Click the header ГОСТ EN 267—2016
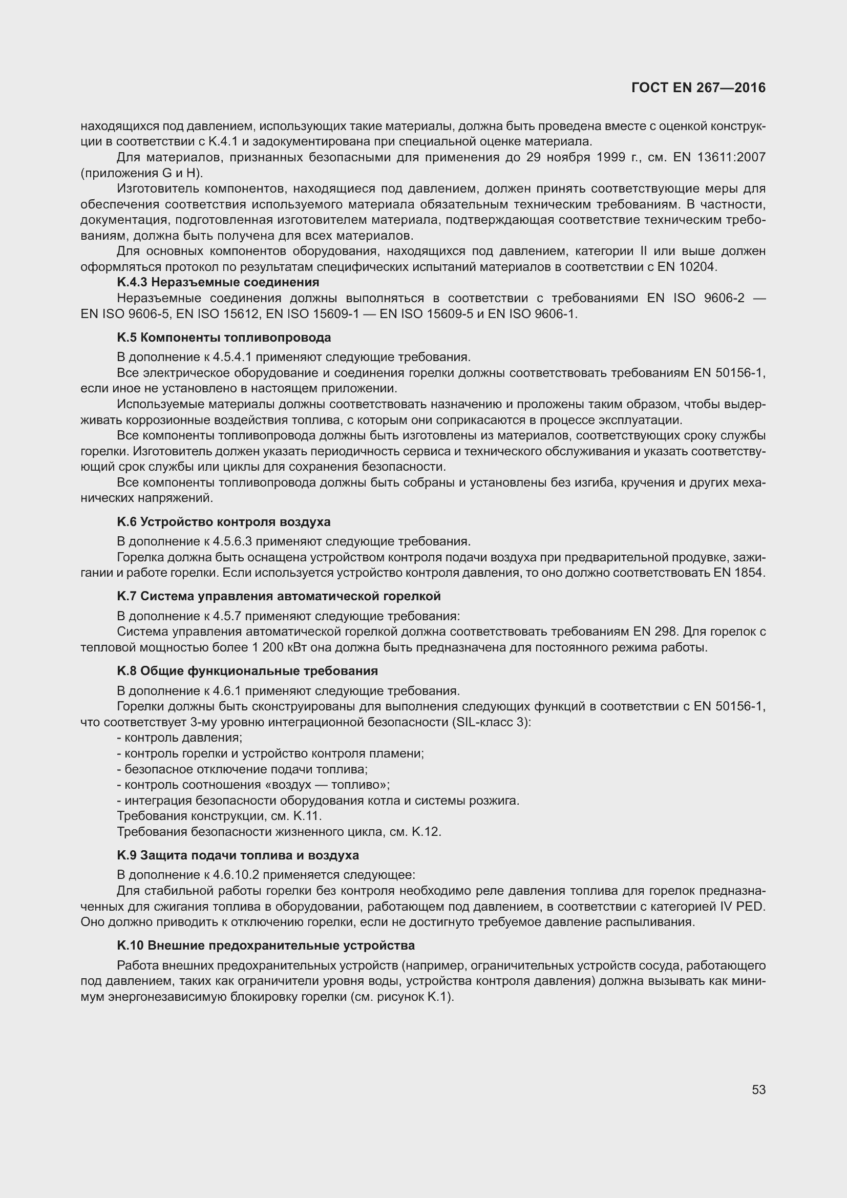698,88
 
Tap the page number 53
758,1089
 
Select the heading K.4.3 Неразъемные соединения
218,282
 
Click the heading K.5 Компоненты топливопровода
224,338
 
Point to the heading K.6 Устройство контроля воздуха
224,522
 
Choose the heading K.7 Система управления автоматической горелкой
279,596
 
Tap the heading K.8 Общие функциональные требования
247,670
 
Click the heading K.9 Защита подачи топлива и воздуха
238,855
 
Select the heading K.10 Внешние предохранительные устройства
266,945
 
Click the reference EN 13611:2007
719,157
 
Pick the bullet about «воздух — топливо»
253,785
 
